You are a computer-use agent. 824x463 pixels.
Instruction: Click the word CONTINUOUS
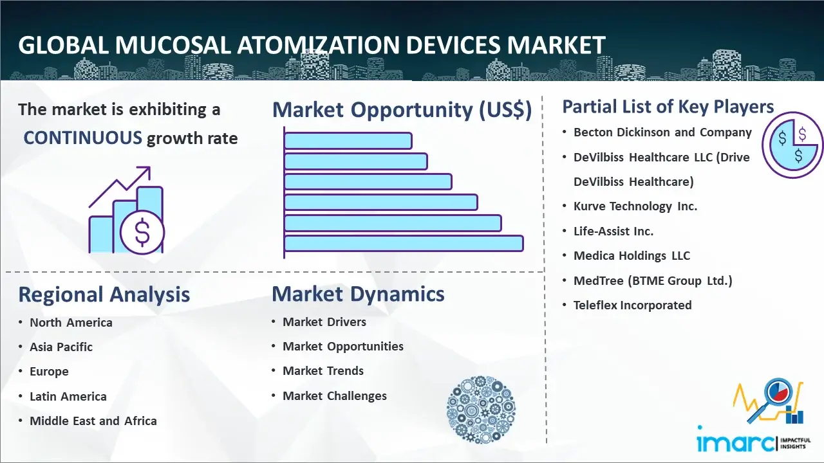pos(83,138)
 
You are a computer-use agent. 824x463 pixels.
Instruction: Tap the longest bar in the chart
pos(404,244)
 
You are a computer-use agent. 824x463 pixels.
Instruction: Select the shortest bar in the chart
pos(348,141)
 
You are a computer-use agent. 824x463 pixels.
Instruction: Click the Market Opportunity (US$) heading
pos(402,109)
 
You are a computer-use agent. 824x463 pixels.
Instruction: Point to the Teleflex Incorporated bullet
pos(632,305)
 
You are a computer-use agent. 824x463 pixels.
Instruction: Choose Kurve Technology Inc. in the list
pos(635,206)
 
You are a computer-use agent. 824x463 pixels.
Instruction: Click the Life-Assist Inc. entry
pos(613,231)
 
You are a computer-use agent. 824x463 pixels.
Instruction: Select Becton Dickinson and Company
pos(662,132)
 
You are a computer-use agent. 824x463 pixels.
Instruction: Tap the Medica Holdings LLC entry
pos(632,256)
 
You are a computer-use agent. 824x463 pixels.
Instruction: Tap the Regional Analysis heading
pos(104,295)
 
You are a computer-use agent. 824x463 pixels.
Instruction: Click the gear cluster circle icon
pos(481,410)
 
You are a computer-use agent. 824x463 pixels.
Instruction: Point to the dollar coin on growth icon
pos(142,232)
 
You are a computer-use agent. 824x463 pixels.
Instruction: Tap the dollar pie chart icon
pos(792,145)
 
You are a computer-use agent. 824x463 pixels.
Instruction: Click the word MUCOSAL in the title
pos(173,45)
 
